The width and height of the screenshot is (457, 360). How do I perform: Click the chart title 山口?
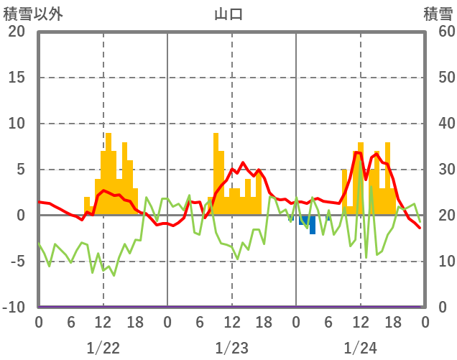228,14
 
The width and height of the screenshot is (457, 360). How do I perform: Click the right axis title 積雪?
438,14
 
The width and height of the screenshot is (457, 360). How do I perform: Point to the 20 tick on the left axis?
17,32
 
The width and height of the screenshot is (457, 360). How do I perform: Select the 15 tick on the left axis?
17,78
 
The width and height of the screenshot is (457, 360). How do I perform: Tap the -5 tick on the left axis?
17,262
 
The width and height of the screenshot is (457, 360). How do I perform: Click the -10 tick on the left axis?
14,308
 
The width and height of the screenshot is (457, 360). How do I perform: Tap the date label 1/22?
103,348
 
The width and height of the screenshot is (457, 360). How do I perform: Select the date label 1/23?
231,348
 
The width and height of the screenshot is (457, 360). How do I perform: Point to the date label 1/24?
360,348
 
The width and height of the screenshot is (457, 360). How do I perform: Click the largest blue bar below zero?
313,225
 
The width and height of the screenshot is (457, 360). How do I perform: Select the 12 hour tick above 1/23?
231,322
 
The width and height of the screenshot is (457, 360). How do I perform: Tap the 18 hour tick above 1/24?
392,322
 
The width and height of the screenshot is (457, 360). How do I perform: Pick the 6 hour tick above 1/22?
70,322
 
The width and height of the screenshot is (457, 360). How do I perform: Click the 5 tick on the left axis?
21,170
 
